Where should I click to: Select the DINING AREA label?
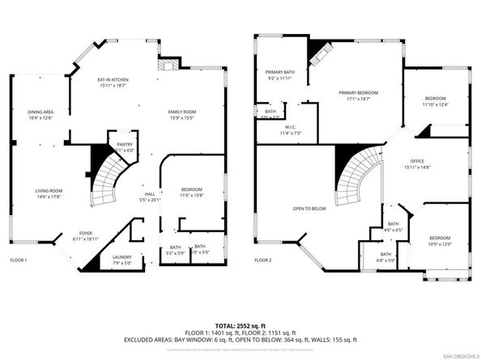point(40,114)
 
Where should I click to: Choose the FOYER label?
point(85,235)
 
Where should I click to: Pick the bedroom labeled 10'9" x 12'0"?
point(441,241)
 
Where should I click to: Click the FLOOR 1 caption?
point(19,260)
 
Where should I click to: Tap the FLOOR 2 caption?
point(262,260)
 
